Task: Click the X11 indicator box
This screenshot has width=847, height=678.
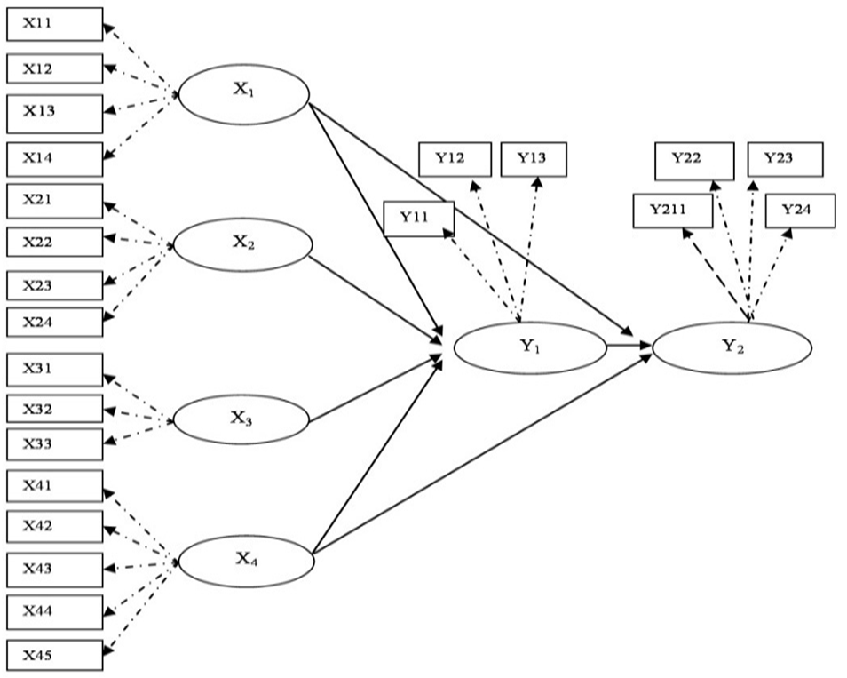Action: coord(54,25)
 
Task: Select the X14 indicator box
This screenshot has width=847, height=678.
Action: coord(54,158)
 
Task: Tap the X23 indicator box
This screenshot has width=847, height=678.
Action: coord(54,285)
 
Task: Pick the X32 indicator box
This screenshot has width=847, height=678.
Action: coord(54,409)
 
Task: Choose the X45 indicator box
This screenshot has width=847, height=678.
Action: coord(54,656)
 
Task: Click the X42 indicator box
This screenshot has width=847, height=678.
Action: coord(54,526)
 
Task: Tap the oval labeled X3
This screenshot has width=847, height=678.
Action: coord(241,419)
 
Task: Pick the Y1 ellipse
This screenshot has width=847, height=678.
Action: coord(530,347)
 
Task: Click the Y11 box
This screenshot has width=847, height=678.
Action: coord(418,219)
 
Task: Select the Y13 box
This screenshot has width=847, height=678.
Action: coord(533,159)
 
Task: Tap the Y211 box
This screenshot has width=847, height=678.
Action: coord(673,211)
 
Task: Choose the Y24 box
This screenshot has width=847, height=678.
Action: coord(800,210)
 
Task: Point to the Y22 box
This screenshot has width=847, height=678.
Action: coord(694,160)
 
